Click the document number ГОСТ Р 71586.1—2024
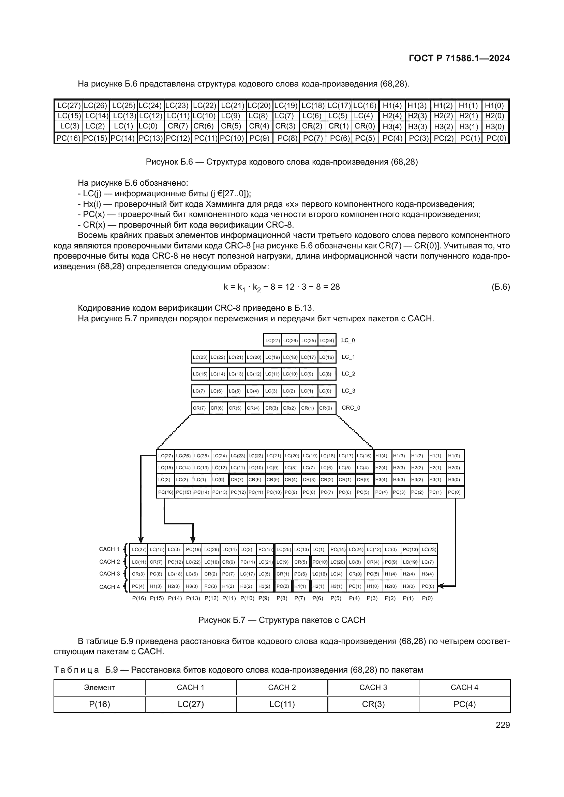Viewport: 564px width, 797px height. click(459, 58)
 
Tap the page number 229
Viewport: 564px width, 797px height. click(503, 725)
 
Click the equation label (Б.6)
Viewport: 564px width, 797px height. click(501, 287)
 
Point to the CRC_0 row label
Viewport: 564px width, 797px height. click(351, 408)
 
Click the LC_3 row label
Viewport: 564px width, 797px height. click(348, 390)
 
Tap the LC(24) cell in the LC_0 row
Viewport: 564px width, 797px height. click(326, 340)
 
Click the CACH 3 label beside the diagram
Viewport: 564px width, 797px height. click(109, 573)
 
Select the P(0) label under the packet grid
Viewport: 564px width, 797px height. click(427, 598)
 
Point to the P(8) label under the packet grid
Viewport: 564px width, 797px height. click(282, 598)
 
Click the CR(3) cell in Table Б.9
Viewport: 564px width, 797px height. click(373, 704)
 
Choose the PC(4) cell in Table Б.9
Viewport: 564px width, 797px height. click(464, 704)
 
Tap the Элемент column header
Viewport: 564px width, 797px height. click(99, 687)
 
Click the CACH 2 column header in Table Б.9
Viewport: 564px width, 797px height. click(282, 687)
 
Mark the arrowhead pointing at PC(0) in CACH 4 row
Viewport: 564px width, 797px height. click(440, 586)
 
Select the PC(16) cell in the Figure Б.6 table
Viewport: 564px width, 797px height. click(69, 138)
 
